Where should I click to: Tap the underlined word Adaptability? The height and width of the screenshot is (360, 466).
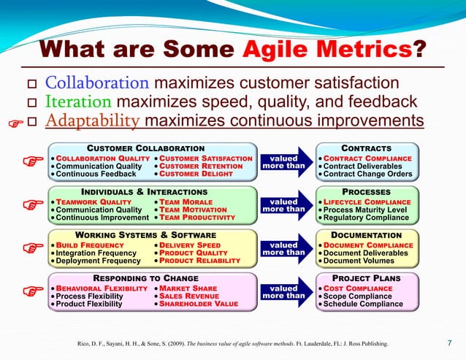(x=92, y=120)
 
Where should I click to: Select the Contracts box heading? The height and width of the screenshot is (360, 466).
(x=372, y=148)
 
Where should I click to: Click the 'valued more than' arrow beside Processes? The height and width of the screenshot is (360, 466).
(x=283, y=205)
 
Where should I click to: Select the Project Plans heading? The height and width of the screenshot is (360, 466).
(x=372, y=278)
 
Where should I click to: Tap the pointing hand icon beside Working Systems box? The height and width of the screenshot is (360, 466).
(x=30, y=248)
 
